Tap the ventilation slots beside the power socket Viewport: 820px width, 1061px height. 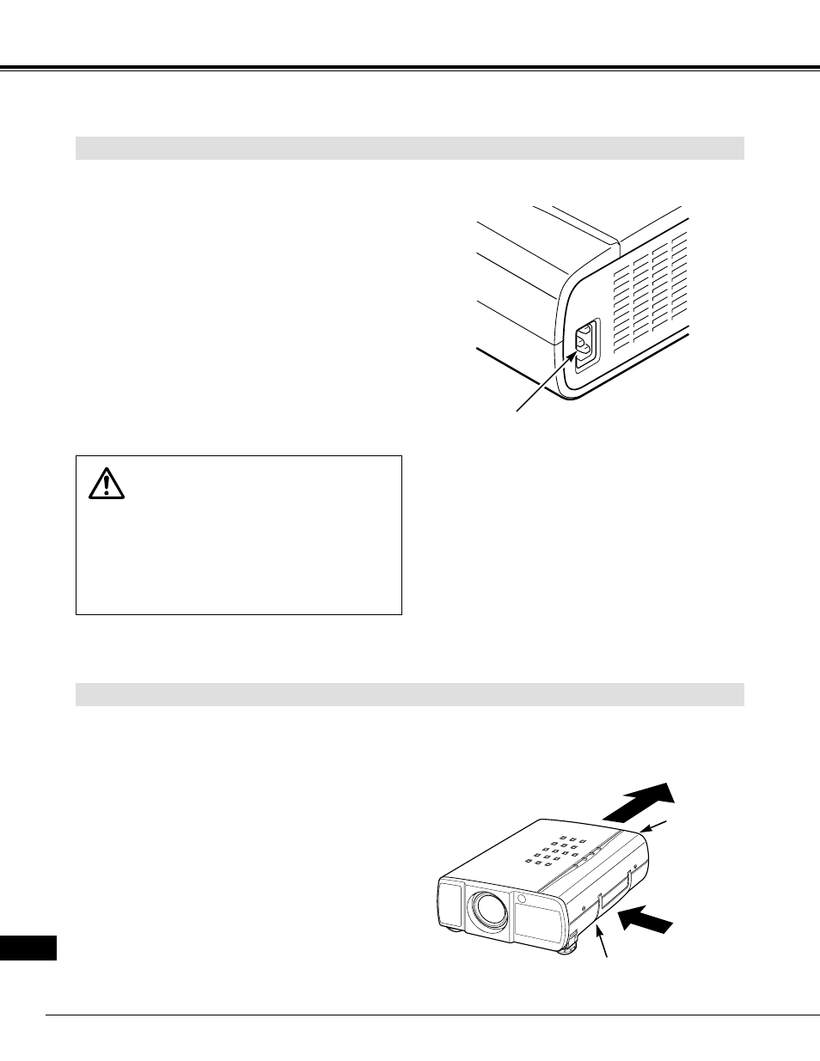(x=652, y=292)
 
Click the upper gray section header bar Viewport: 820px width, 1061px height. (x=409, y=148)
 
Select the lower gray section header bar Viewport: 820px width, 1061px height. (x=409, y=694)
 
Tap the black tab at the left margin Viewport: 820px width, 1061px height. (x=28, y=948)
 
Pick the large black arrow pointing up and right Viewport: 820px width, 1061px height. (x=638, y=802)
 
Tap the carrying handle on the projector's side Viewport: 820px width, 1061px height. (x=615, y=889)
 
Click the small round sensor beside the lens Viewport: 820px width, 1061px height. (x=522, y=899)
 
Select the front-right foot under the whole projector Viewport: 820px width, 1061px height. (x=566, y=948)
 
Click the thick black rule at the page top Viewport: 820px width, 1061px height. (x=409, y=68)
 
